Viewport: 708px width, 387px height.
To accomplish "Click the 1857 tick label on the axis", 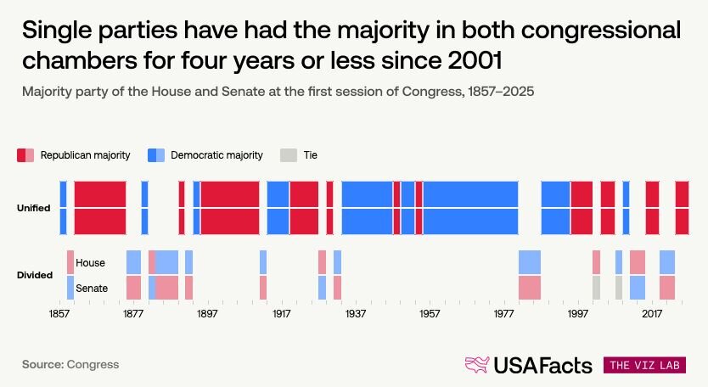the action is [x=59, y=313].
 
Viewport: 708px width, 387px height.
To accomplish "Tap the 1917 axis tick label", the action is [x=281, y=313].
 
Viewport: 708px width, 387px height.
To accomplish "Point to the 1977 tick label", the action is [x=503, y=313].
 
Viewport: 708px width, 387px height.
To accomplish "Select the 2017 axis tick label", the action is [x=652, y=313].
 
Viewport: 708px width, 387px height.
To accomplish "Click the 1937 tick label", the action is [x=356, y=313].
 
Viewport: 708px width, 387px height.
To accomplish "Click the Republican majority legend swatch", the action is [x=25, y=155].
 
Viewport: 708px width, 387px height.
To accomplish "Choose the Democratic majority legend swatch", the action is [x=156, y=155].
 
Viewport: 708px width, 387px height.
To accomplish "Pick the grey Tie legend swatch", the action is [x=289, y=155].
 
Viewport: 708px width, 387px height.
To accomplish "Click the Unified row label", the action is [x=33, y=208].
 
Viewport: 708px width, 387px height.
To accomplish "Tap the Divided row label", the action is [x=35, y=275].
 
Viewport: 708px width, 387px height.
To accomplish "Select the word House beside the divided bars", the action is [x=90, y=263].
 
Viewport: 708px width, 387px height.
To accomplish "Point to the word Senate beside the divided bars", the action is [x=92, y=288].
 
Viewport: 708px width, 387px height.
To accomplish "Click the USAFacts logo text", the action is [x=542, y=365].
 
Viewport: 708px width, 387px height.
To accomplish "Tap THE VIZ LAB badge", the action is [x=644, y=365].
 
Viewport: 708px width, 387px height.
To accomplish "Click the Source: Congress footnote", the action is [x=70, y=364].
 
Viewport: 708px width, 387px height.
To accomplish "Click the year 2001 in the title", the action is [x=475, y=60].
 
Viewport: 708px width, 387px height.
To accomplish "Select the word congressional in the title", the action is [x=601, y=31].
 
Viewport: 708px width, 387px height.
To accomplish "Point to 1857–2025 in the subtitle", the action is [x=501, y=91].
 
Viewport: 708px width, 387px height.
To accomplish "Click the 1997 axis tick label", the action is [x=577, y=313].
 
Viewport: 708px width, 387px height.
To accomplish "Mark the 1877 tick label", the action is [x=133, y=313].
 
